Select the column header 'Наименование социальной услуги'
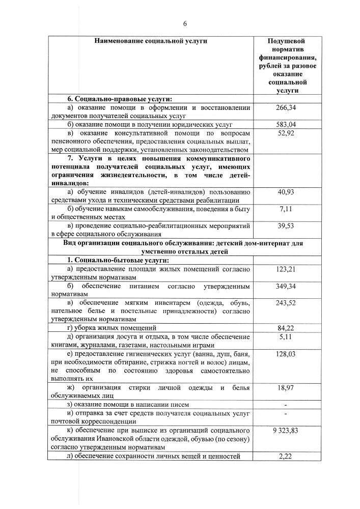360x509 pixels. click(151, 41)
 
